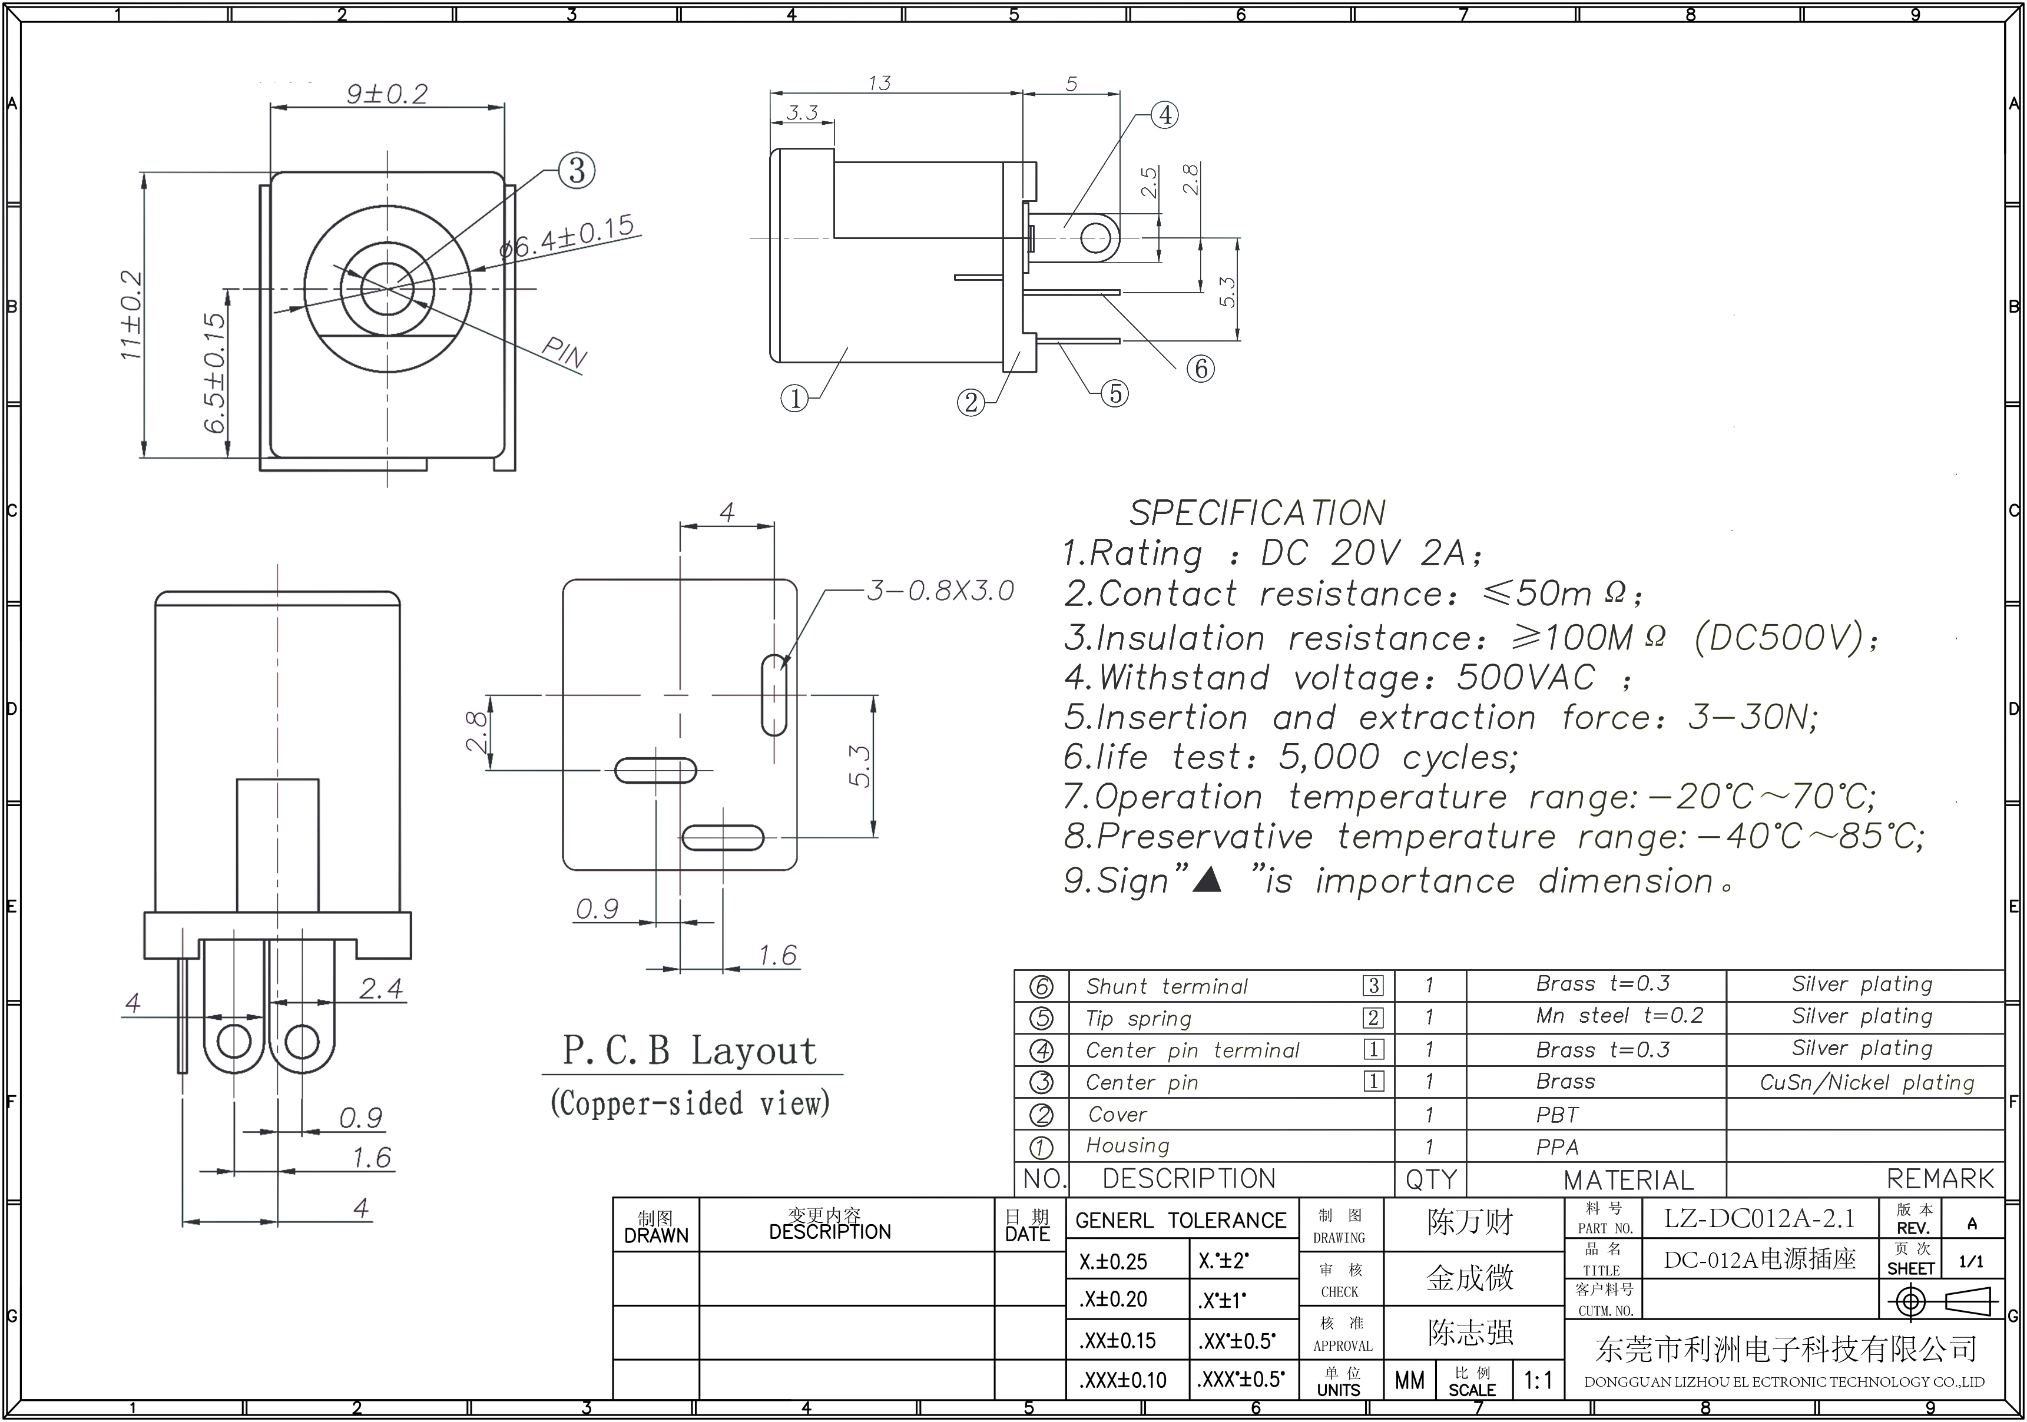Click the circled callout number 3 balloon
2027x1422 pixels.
(x=577, y=170)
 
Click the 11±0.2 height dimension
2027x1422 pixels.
(x=131, y=314)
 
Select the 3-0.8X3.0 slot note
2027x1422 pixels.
(x=940, y=591)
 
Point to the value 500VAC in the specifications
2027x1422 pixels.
(x=1525, y=678)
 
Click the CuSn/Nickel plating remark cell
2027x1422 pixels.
(x=1866, y=1082)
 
